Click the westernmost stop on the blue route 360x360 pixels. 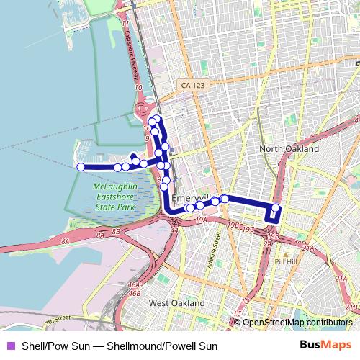81,167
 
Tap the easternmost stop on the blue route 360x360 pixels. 275,209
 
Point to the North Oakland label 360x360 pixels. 289,148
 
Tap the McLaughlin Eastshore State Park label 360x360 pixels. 115,197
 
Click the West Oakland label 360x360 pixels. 176,303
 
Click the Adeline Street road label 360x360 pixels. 212,254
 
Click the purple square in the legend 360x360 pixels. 10,346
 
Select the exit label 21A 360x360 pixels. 308,248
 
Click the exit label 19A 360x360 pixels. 201,220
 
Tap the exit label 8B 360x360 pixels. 116,231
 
